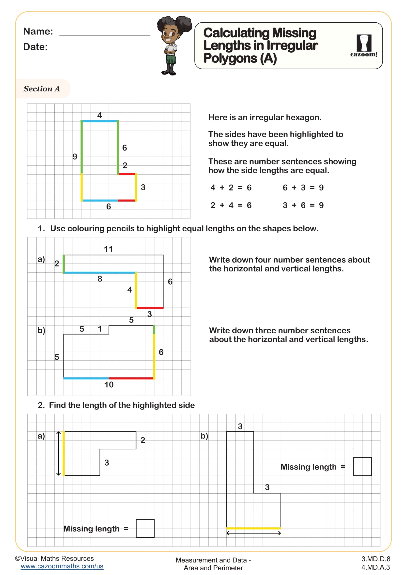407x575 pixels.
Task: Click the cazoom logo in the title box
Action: [364, 46]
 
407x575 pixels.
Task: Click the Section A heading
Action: [42, 89]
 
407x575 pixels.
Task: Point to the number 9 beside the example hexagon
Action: [75, 157]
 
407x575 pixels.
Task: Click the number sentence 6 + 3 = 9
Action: [303, 188]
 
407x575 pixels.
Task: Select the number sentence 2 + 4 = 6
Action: [231, 205]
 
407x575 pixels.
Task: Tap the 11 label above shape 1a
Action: [108, 249]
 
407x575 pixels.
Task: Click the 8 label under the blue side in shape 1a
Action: [100, 279]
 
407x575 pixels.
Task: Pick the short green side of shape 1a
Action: [64, 264]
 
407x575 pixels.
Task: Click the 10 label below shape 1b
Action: [109, 385]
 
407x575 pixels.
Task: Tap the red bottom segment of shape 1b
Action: [131, 378]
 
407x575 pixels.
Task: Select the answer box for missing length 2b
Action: [362, 467]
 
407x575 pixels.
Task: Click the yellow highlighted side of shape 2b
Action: [253, 528]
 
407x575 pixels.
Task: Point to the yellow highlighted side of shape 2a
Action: [64, 453]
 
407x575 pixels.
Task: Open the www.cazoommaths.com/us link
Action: [62, 566]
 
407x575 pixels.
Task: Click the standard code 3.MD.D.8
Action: [376, 559]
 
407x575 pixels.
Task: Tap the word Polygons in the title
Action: [230, 58]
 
